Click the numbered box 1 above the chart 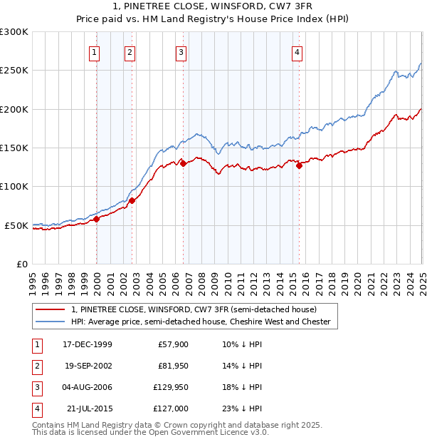point(95,51)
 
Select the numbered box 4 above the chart point(296,51)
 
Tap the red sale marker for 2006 point(183,163)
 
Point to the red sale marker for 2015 point(300,166)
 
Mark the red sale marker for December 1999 point(97,219)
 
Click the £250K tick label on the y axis point(14,71)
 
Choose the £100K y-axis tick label point(14,186)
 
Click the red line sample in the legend point(49,310)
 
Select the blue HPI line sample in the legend point(49,322)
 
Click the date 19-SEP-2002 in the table point(88,366)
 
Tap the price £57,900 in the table point(171,344)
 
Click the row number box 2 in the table point(36,366)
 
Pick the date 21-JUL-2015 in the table point(88,408)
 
